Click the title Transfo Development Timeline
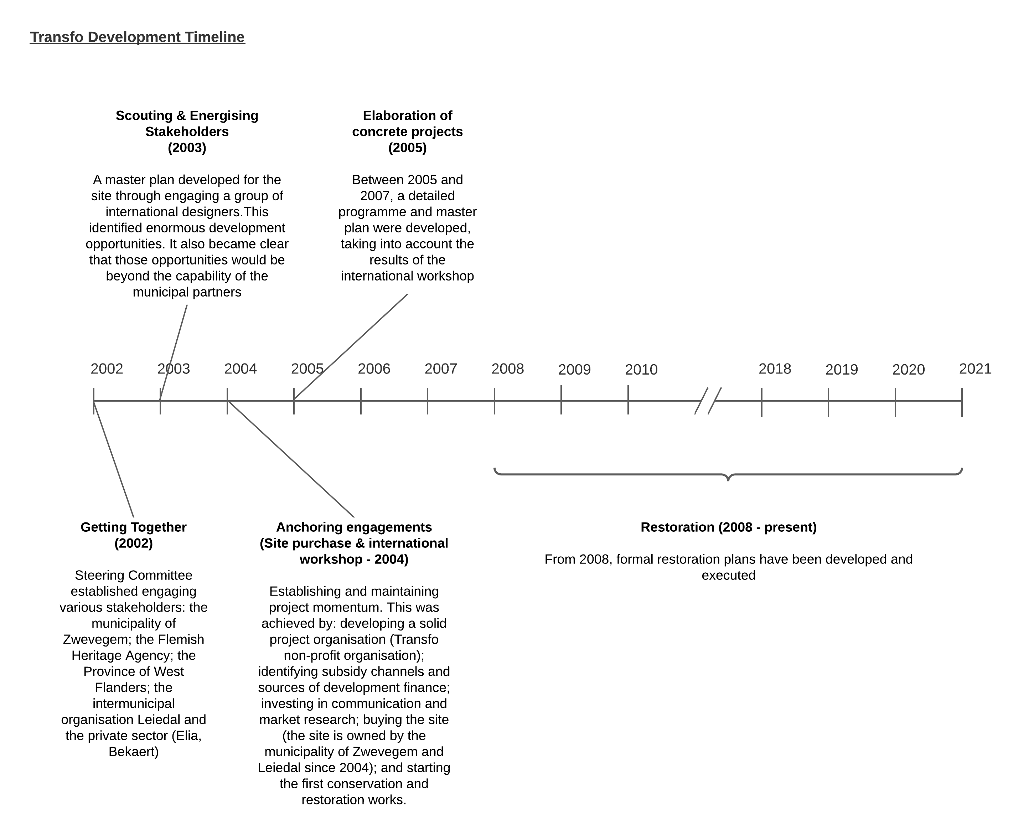[x=138, y=37]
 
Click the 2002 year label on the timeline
[x=107, y=369]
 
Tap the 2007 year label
[x=441, y=369]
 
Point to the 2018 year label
[x=775, y=369]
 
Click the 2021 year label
[x=975, y=369]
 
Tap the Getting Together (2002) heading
[x=134, y=535]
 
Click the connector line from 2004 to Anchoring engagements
[x=290, y=459]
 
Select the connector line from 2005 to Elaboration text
[x=351, y=346]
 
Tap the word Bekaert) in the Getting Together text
[x=134, y=752]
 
